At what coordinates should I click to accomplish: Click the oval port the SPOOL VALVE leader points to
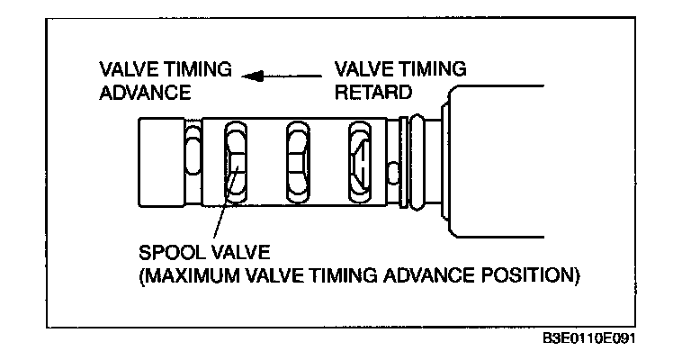coord(237,163)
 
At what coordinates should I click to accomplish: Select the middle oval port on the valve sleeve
coord(299,163)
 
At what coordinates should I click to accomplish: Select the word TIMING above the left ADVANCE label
coord(197,69)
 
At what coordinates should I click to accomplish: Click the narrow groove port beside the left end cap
coord(191,162)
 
